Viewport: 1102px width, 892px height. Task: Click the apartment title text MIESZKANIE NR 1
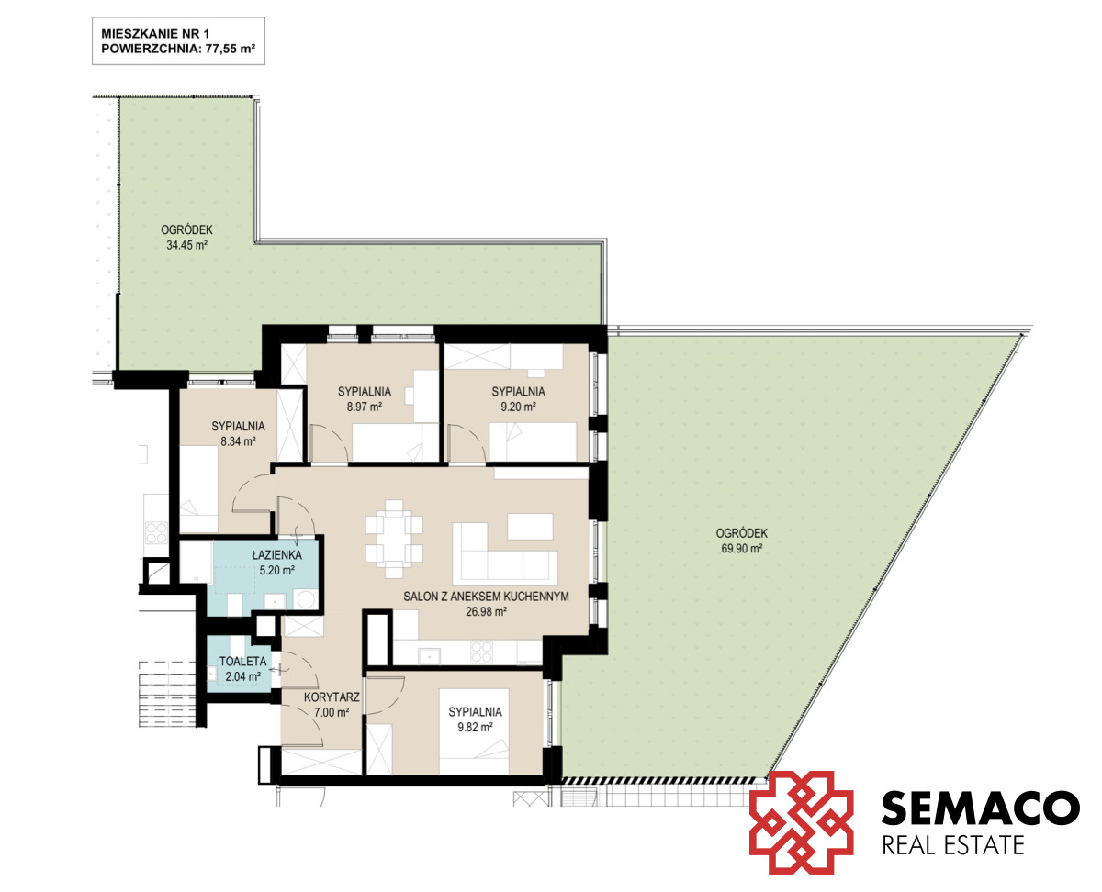[x=155, y=34]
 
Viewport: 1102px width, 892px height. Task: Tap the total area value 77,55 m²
[x=231, y=50]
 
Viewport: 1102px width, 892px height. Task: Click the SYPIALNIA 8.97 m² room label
[x=365, y=399]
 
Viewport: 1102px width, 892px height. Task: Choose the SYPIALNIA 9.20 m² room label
[x=518, y=399]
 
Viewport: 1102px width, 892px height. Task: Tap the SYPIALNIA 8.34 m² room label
[x=238, y=434]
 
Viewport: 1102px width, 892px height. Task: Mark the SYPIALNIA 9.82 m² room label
[x=475, y=719]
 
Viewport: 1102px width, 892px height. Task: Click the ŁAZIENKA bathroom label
[x=276, y=555]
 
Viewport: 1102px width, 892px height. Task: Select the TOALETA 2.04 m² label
[x=242, y=669]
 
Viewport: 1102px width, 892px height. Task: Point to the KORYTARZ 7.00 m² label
[x=332, y=705]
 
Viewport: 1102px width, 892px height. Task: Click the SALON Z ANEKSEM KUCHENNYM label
[x=486, y=597]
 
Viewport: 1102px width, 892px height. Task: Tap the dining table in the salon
[x=394, y=540]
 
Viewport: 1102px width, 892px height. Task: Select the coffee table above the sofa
[x=530, y=527]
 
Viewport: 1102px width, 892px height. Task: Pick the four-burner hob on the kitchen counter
[x=482, y=652]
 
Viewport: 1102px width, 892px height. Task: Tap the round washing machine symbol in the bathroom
[x=305, y=600]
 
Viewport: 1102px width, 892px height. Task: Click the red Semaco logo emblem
[x=801, y=822]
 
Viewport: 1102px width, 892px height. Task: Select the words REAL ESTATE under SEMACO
[x=953, y=846]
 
